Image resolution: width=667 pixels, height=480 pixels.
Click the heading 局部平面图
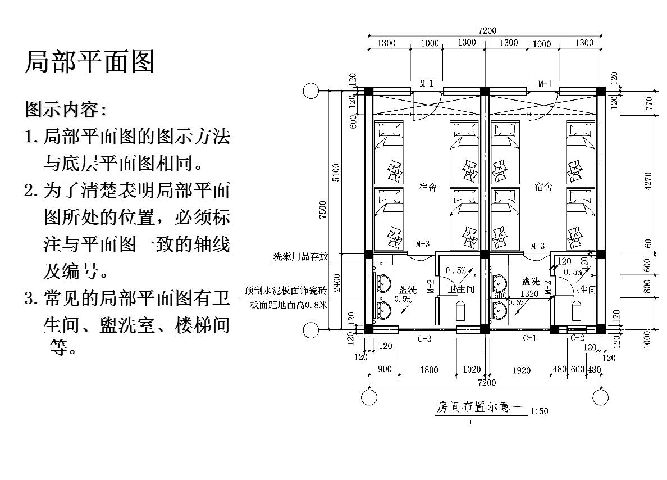tap(89, 62)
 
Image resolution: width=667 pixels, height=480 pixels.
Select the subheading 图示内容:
tap(65, 108)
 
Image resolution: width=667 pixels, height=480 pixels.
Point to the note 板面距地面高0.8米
tap(289, 305)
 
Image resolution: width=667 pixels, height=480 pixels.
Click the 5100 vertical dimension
tap(336, 173)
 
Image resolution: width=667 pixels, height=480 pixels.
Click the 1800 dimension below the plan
tap(429, 369)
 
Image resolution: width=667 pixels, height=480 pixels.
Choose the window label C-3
tap(424, 338)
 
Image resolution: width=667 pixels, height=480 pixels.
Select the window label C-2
tap(577, 338)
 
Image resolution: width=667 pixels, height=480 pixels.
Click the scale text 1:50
tap(538, 411)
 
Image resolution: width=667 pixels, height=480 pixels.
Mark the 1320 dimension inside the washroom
tap(529, 293)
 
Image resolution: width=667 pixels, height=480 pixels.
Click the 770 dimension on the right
tap(648, 103)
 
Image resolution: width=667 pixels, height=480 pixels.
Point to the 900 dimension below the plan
tap(385, 369)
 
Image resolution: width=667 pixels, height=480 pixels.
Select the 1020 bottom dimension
tap(472, 369)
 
